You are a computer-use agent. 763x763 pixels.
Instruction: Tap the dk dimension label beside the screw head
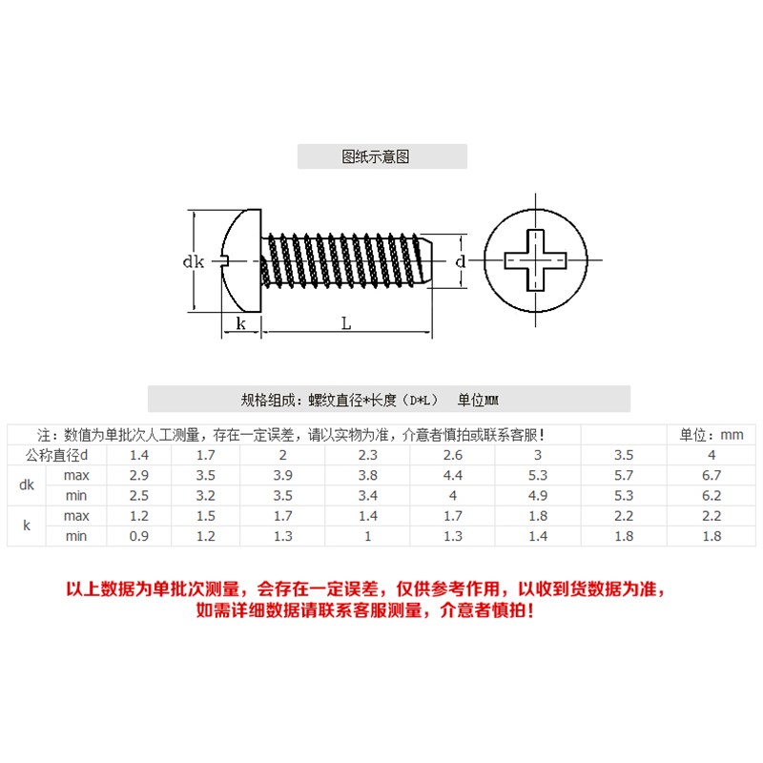click(194, 261)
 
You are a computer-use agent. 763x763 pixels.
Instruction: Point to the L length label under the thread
click(346, 324)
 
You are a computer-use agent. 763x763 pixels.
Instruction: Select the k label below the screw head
click(240, 324)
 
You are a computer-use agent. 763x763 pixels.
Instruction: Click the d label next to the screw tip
click(460, 261)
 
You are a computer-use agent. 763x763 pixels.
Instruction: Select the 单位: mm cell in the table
click(711, 435)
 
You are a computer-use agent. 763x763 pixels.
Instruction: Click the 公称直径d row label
click(56, 455)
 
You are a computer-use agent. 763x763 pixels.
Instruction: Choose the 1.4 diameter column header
click(139, 455)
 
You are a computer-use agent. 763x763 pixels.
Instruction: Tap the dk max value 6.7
click(711, 475)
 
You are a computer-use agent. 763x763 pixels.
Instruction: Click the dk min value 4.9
click(538, 495)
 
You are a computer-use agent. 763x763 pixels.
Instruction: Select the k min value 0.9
click(139, 536)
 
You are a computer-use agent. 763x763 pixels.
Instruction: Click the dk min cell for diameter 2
click(283, 495)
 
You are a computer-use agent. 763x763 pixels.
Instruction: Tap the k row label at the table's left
click(26, 526)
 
